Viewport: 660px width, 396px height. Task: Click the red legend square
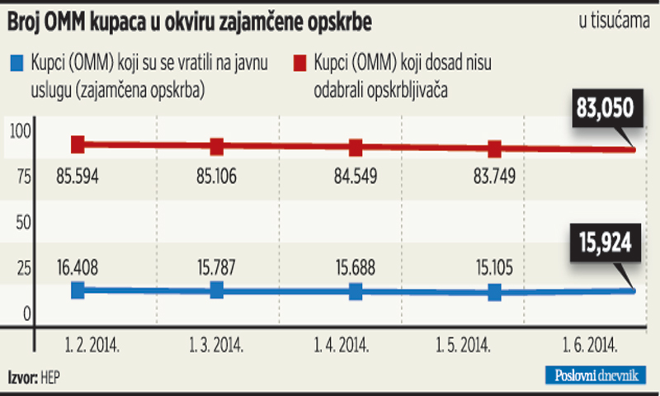(x=300, y=61)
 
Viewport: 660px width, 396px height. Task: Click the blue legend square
(x=16, y=61)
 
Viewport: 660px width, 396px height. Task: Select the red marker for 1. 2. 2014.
(x=78, y=144)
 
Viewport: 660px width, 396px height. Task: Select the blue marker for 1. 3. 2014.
(x=216, y=290)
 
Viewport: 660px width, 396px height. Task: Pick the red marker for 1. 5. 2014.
(x=495, y=149)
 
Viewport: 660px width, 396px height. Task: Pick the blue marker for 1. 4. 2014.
(x=356, y=291)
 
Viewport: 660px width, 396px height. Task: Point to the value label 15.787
(x=216, y=267)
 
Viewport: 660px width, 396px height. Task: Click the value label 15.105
(x=495, y=267)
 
